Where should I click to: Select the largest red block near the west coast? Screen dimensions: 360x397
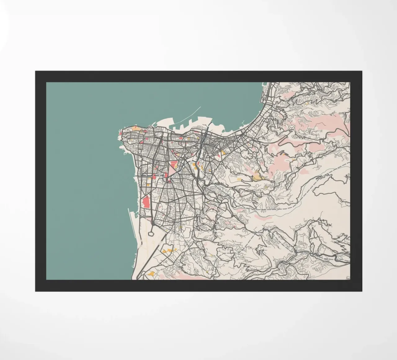coord(145,203)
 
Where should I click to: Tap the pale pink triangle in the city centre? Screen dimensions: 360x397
coord(172,169)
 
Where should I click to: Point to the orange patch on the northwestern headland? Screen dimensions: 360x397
coord(135,128)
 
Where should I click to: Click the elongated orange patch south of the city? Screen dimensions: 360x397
coord(167,250)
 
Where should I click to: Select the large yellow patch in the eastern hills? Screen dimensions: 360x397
coord(257,178)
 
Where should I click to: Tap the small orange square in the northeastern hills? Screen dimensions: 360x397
coord(307,102)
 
